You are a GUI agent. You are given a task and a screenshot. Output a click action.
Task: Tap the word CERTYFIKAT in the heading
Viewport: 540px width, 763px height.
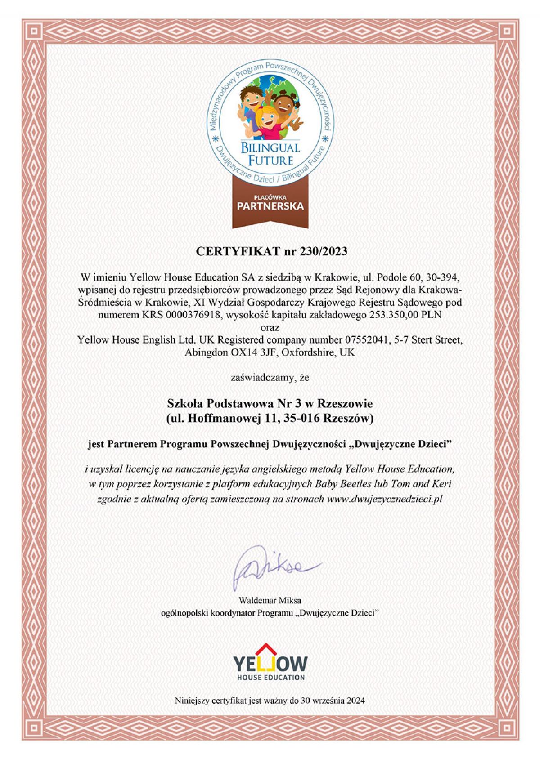tap(238, 251)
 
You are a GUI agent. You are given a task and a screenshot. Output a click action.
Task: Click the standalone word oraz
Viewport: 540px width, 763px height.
tap(270, 327)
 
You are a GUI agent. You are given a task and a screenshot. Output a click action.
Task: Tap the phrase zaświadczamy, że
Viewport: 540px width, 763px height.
tap(270, 378)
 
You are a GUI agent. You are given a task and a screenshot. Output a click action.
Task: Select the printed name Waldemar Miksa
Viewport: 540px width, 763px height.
tap(270, 600)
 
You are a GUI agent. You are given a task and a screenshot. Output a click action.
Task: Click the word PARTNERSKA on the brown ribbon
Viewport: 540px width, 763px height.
tap(270, 207)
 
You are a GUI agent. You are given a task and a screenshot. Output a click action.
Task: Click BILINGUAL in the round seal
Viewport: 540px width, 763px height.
tap(270, 147)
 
